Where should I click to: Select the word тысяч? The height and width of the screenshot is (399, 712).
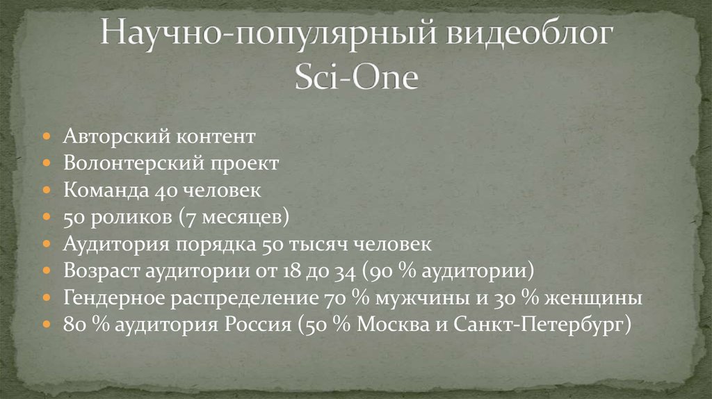tap(318, 244)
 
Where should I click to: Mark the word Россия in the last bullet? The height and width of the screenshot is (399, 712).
tap(257, 325)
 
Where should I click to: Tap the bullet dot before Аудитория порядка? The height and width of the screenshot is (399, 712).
tap(47, 245)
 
